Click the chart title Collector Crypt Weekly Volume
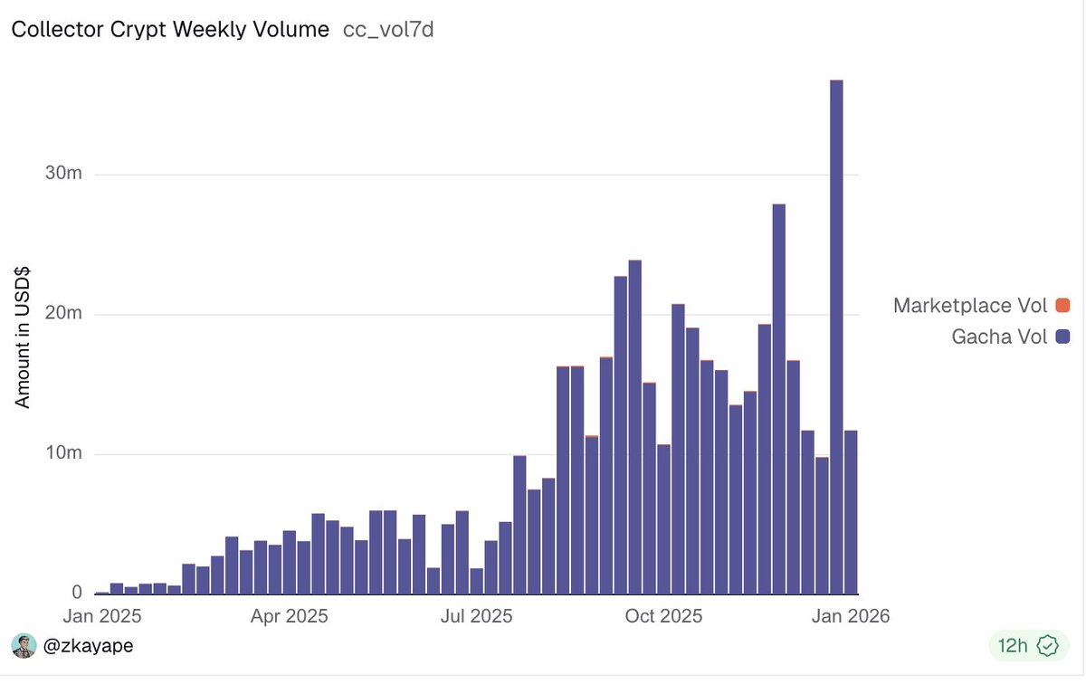coord(170,29)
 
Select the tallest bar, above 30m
coord(836,335)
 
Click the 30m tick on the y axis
coord(63,174)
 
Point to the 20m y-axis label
coord(63,314)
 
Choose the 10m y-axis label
coord(63,453)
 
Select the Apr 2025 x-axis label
coord(289,617)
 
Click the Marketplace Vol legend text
coord(970,306)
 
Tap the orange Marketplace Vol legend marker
coord(1062,306)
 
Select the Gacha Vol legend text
coord(999,337)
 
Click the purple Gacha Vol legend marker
coord(1062,337)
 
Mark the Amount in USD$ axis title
coord(24,336)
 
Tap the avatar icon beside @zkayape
coord(23,646)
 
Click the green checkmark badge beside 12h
coord(1047,646)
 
